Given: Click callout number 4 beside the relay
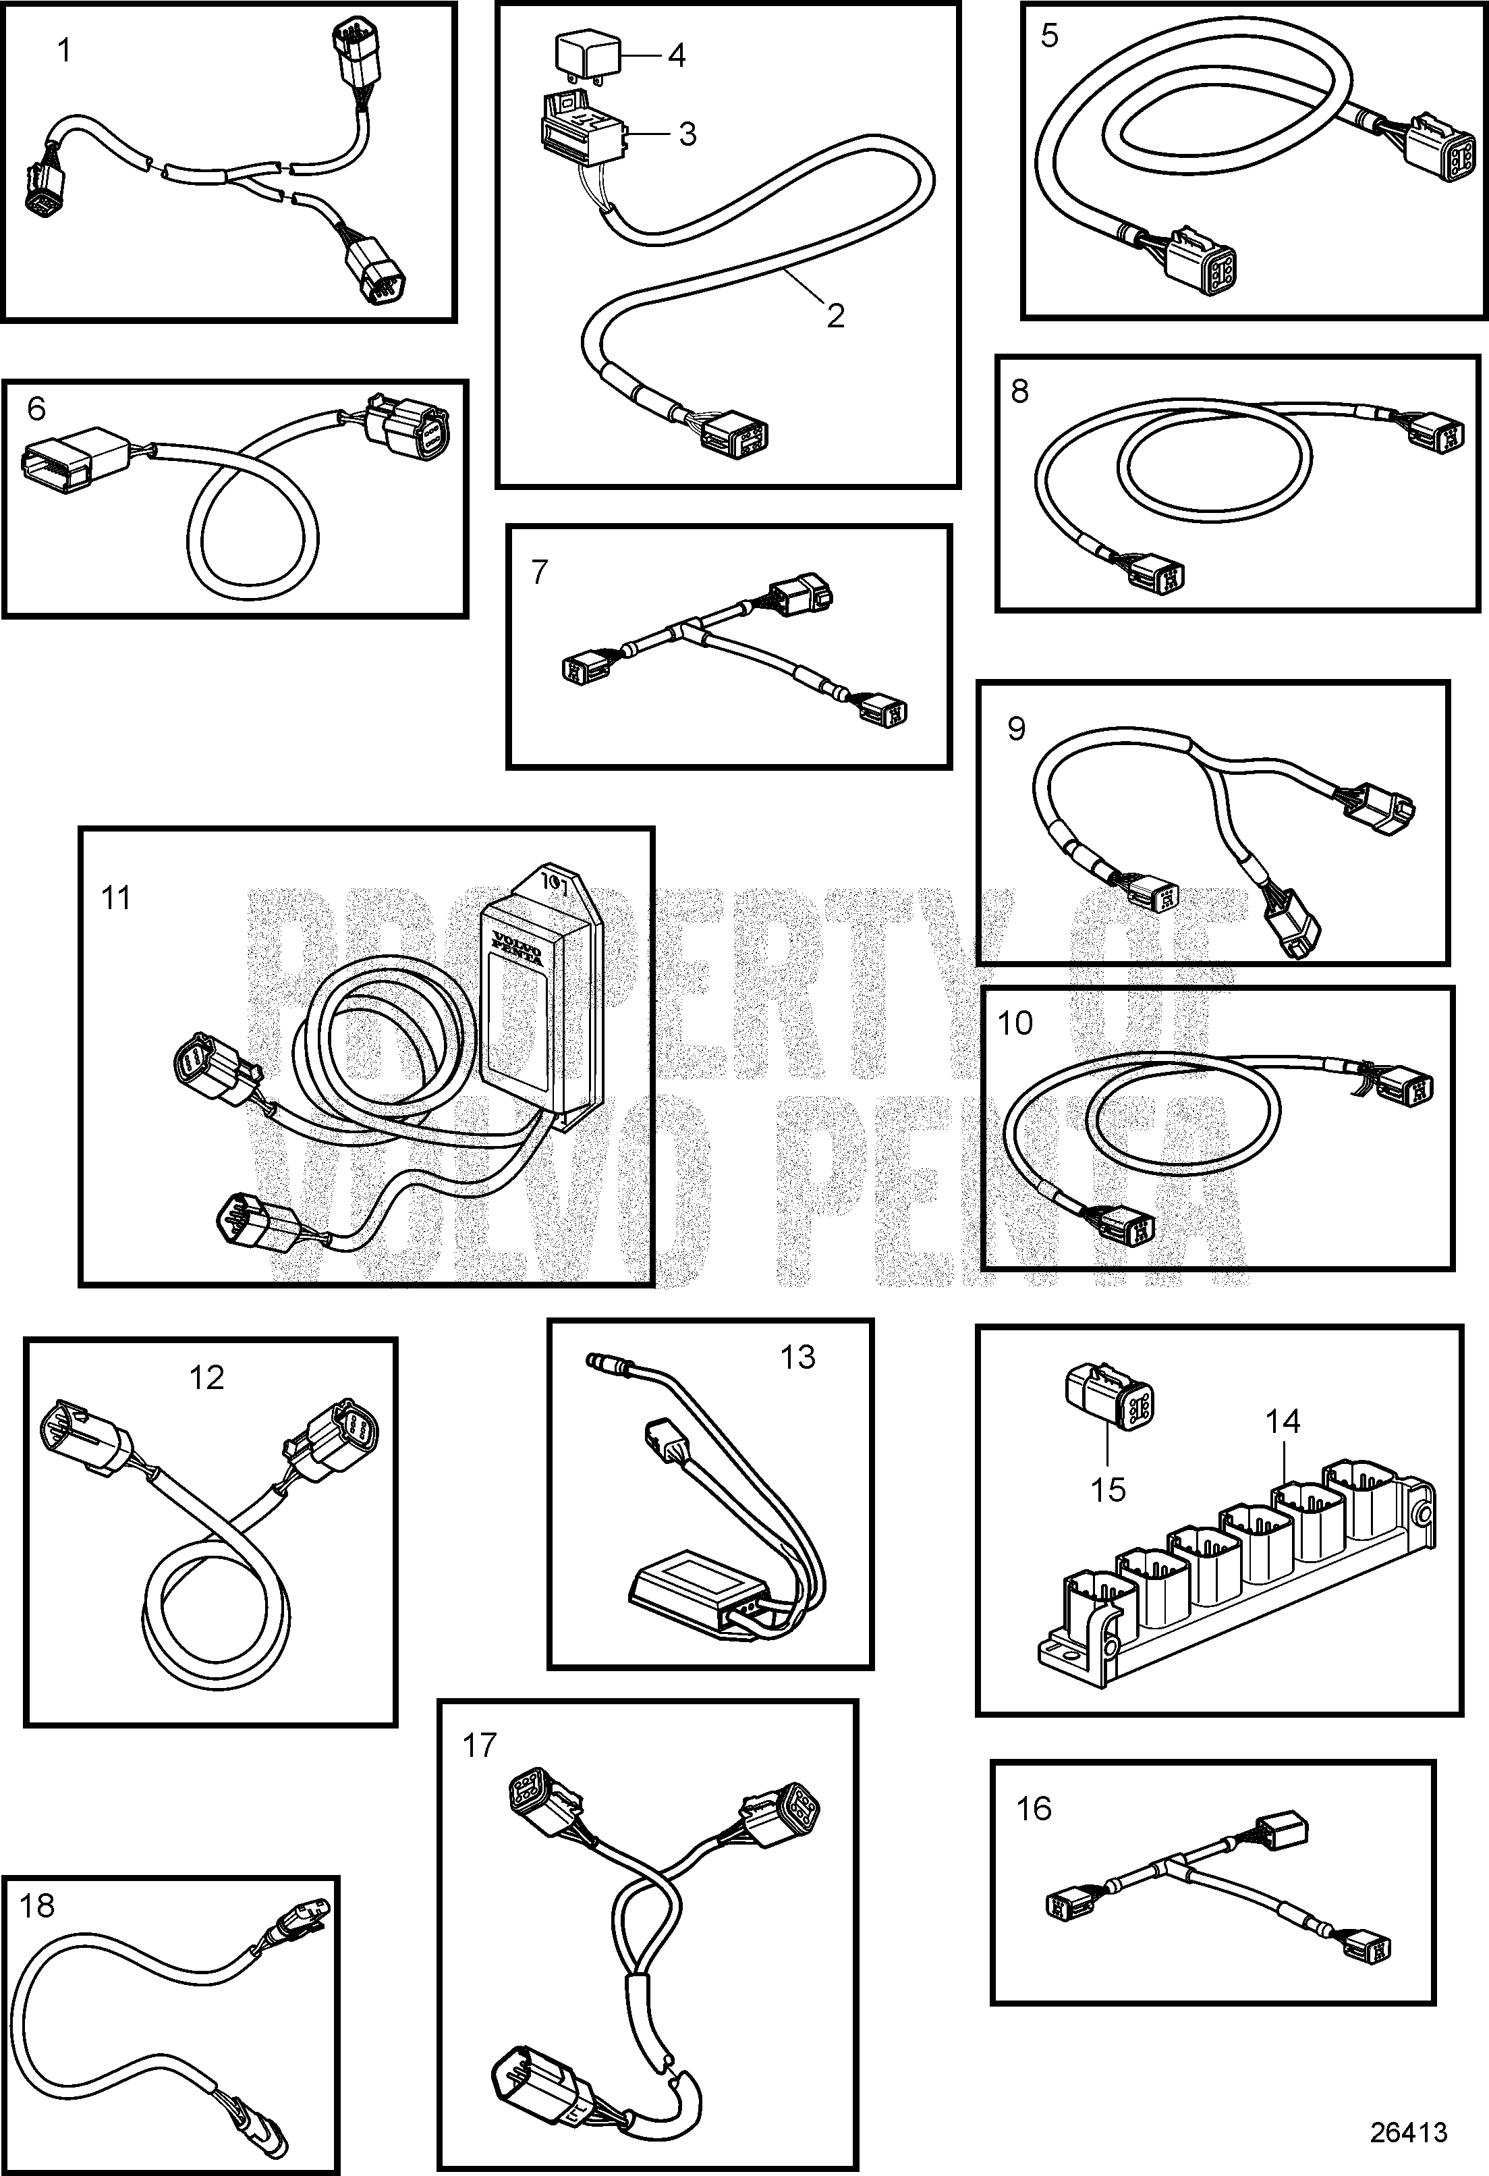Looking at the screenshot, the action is [x=676, y=55].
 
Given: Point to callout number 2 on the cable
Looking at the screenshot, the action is [x=835, y=315].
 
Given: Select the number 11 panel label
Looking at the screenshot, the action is [x=115, y=898].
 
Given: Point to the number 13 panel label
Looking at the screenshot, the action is [x=797, y=1357].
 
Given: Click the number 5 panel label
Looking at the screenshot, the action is [x=1049, y=36].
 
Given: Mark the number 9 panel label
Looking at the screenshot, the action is [x=1016, y=728].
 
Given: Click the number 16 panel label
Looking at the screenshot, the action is [x=1034, y=1809].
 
